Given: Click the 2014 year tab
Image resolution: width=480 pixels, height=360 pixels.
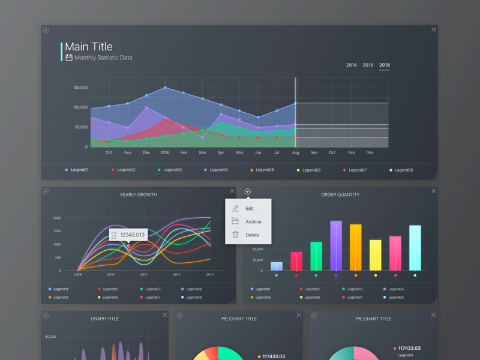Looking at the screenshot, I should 351,65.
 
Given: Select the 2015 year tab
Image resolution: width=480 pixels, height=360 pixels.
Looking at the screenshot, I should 368,65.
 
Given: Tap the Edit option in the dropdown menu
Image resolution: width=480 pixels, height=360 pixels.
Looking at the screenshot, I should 250,209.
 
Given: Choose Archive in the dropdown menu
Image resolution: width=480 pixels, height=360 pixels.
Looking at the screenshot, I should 253,222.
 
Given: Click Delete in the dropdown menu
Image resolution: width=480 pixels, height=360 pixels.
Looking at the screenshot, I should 252,235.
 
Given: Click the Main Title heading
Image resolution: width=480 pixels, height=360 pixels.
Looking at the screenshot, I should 89,47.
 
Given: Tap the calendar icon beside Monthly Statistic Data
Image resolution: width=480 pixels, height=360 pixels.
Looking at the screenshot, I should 69,58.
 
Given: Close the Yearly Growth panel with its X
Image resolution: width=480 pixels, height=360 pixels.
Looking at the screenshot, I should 232,191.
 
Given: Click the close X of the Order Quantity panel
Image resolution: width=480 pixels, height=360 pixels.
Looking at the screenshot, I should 434,191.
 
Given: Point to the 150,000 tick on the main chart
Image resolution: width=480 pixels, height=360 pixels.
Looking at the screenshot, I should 80,88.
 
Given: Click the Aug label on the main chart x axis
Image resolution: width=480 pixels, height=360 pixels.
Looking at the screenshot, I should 295,152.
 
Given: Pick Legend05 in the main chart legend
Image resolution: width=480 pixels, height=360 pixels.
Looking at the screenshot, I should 265,170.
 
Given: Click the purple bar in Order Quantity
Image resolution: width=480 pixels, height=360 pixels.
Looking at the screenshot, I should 336,246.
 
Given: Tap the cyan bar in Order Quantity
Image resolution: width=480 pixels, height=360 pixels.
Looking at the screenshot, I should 415,248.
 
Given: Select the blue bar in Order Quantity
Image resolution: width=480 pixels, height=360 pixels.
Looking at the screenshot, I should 277,266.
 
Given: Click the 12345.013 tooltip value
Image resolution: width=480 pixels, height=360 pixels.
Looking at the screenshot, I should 133,235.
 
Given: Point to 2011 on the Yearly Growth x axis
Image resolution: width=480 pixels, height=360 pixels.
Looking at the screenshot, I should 143,274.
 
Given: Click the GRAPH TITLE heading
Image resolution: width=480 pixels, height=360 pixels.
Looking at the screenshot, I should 105,319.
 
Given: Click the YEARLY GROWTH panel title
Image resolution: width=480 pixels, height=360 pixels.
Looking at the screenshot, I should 139,194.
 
